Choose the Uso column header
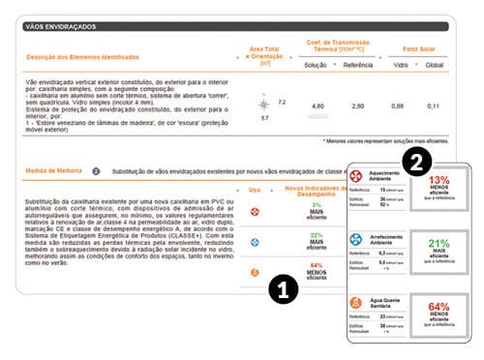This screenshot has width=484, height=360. (256, 190)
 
